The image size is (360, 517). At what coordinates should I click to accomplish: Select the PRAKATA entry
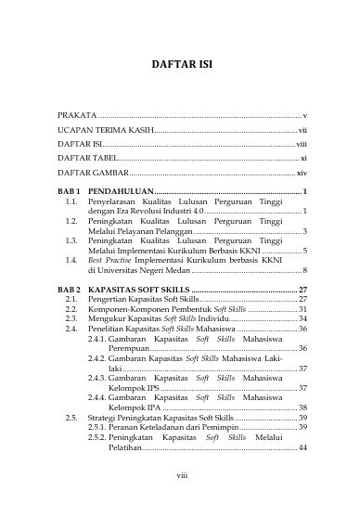(78, 114)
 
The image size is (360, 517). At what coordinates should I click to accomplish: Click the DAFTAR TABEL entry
(86, 159)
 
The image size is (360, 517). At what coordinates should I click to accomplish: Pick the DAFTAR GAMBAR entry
(91, 174)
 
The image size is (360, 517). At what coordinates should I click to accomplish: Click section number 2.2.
(71, 310)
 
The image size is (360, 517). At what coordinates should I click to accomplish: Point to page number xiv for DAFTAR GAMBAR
(301, 174)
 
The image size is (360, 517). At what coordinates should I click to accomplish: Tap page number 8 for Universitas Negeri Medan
(305, 270)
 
